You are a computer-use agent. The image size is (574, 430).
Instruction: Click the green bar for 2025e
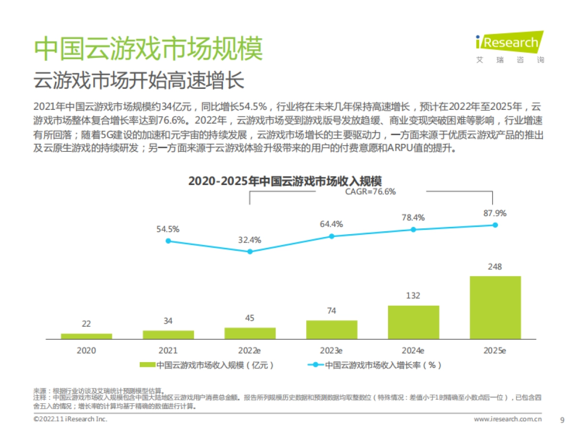[x=495, y=308]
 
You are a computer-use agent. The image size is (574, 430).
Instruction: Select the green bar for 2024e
[x=413, y=322]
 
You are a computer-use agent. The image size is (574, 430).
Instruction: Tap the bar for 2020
[x=86, y=336]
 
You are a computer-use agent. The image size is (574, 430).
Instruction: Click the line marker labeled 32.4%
[x=250, y=252]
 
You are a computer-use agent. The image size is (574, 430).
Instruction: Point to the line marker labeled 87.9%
[x=495, y=225]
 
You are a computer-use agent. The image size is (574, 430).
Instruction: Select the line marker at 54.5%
[x=168, y=241]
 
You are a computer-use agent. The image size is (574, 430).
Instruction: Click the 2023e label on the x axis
[x=331, y=351]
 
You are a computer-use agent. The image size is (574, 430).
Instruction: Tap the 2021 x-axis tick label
[x=168, y=351]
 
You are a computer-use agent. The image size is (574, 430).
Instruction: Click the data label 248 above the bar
[x=495, y=267]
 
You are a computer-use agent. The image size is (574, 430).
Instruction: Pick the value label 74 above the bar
[x=331, y=311]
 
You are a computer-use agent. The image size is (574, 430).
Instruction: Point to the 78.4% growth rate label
[x=413, y=218]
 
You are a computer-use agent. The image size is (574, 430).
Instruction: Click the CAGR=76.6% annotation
[x=370, y=192]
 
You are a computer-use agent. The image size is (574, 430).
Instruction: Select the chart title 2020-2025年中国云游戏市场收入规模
[x=285, y=181]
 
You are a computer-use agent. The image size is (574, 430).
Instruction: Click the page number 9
[x=562, y=419]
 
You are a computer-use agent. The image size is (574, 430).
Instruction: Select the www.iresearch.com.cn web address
[x=508, y=419]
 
